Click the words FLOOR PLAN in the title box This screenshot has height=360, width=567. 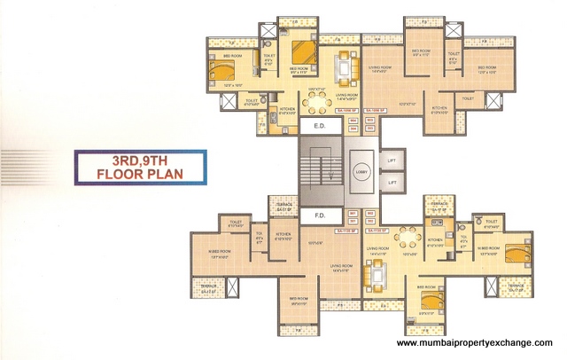[140, 174]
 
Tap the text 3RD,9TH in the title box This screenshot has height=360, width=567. [140, 160]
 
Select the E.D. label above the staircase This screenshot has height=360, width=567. [313, 127]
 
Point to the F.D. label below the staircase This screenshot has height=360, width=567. [313, 215]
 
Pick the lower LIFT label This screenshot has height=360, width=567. [392, 182]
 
